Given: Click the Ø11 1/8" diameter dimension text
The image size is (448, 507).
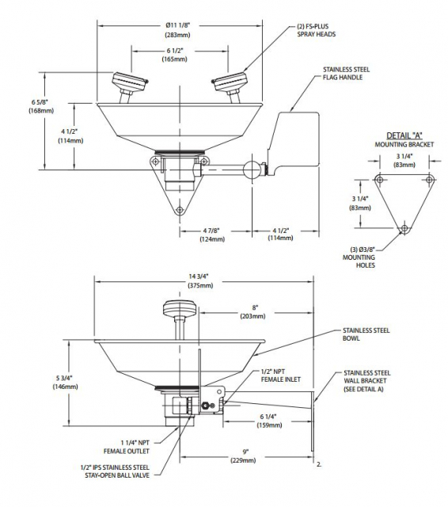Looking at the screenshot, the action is point(177,25).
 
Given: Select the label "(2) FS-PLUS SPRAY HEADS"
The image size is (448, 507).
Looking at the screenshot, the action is point(317,30).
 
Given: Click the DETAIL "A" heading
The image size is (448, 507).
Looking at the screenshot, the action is point(404,135).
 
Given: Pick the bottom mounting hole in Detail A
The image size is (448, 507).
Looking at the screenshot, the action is point(404,228).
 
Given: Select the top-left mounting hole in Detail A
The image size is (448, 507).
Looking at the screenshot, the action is point(380,180).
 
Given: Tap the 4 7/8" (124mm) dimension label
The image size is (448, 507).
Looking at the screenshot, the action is point(212,234).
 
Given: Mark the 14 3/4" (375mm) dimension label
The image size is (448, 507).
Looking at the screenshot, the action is point(200,280).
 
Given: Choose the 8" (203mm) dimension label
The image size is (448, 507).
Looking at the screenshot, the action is point(253,311).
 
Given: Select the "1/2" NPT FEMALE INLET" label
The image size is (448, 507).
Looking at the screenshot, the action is point(281,375).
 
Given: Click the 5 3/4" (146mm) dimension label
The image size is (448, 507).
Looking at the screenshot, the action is point(65,382).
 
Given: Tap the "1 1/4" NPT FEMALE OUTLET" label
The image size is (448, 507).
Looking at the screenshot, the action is point(127,447).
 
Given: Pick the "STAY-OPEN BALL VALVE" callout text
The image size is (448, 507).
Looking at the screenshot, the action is point(117,475).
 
